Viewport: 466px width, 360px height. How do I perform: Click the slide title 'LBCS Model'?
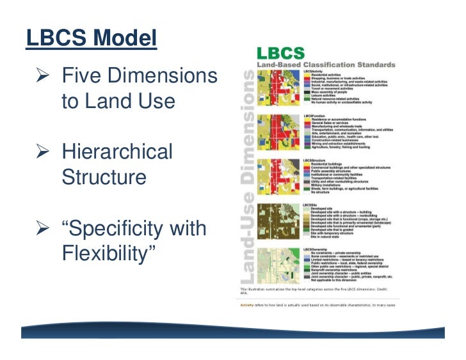pyautogui.click(x=92, y=39)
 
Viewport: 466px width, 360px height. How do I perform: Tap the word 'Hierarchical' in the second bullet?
pyautogui.click(x=117, y=152)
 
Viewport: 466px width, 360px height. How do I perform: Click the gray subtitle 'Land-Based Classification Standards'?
pyautogui.click(x=326, y=65)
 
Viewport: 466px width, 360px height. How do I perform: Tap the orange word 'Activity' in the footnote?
pyautogui.click(x=247, y=305)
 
